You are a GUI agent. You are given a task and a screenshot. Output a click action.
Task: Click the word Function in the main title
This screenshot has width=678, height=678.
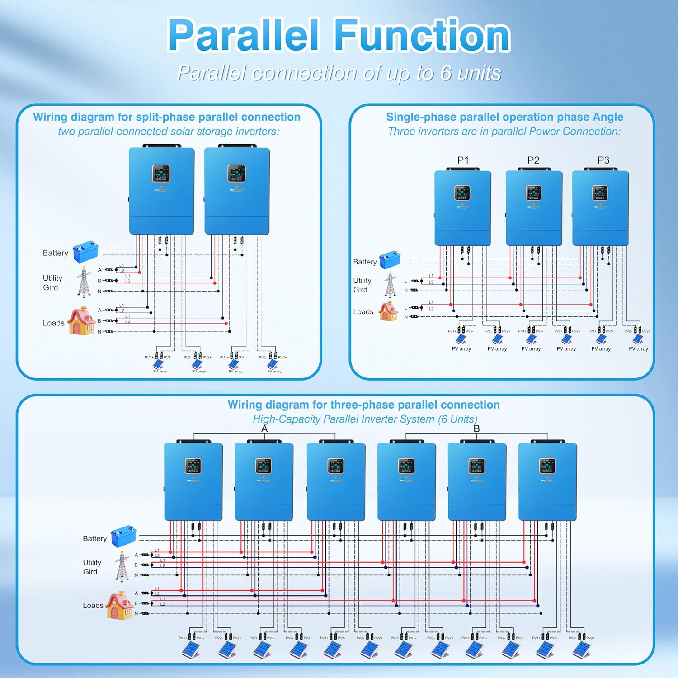click(x=422, y=36)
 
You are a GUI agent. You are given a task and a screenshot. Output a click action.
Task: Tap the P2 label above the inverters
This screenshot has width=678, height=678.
click(x=533, y=160)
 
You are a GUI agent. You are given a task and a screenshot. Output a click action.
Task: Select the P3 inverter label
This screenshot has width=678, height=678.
click(x=603, y=160)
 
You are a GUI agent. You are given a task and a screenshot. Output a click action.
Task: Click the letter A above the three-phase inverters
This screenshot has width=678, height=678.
click(x=264, y=428)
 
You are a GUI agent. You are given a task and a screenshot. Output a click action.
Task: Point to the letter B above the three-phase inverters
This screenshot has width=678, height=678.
click(x=476, y=428)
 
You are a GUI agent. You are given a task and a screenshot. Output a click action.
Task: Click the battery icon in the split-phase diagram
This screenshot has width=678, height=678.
click(x=85, y=252)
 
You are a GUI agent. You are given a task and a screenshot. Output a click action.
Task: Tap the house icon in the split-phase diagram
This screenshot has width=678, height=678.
click(x=81, y=321)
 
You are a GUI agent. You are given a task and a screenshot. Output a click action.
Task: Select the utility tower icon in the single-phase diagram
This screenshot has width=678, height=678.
click(x=390, y=284)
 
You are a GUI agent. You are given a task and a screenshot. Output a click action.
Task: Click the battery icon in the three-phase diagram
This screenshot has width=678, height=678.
click(x=123, y=536)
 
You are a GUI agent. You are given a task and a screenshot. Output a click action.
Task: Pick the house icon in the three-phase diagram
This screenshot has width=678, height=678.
click(x=119, y=606)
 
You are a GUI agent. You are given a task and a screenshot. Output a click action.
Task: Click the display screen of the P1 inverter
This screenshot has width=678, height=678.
click(x=462, y=193)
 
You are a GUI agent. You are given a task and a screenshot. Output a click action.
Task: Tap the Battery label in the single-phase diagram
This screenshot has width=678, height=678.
click(x=365, y=262)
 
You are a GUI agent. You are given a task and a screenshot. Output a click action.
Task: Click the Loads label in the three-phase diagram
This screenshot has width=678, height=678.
click(x=93, y=606)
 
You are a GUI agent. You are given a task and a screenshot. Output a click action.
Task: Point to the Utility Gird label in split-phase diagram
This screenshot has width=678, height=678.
click(x=52, y=283)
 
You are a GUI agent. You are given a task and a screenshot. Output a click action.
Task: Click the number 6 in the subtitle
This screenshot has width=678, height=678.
click(x=446, y=73)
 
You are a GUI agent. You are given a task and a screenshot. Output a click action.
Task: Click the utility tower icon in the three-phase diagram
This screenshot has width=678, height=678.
click(x=122, y=566)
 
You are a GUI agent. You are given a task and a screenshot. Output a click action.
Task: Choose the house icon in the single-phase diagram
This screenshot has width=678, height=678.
click(x=388, y=311)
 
